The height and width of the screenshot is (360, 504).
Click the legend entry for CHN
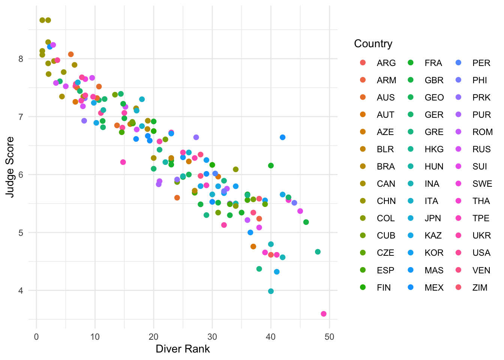click(x=386, y=201)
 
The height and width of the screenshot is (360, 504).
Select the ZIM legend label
click(x=480, y=288)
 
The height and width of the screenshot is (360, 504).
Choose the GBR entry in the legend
click(x=434, y=80)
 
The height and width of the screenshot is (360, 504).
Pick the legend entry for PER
click(x=481, y=63)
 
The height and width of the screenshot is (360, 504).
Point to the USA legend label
click(x=481, y=253)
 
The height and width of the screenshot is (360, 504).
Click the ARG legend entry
click(x=386, y=63)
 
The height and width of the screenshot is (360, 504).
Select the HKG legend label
click(x=434, y=149)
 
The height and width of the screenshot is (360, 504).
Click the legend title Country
click(x=373, y=44)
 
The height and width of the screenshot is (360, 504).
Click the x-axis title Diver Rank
click(x=183, y=349)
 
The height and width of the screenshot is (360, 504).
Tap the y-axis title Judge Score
click(x=10, y=167)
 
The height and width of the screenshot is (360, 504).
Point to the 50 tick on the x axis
click(x=329, y=337)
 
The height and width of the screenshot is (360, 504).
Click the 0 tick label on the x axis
click(x=36, y=337)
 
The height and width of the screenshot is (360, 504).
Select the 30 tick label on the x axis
click(x=212, y=337)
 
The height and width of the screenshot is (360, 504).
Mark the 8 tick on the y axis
click(x=21, y=59)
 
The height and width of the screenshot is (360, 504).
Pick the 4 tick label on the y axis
click(x=21, y=291)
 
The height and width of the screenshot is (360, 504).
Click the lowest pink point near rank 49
click(x=324, y=314)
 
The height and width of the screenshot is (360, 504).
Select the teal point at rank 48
click(x=318, y=252)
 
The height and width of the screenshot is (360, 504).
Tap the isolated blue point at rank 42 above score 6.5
click(x=282, y=137)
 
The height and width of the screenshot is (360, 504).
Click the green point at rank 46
click(x=306, y=222)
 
